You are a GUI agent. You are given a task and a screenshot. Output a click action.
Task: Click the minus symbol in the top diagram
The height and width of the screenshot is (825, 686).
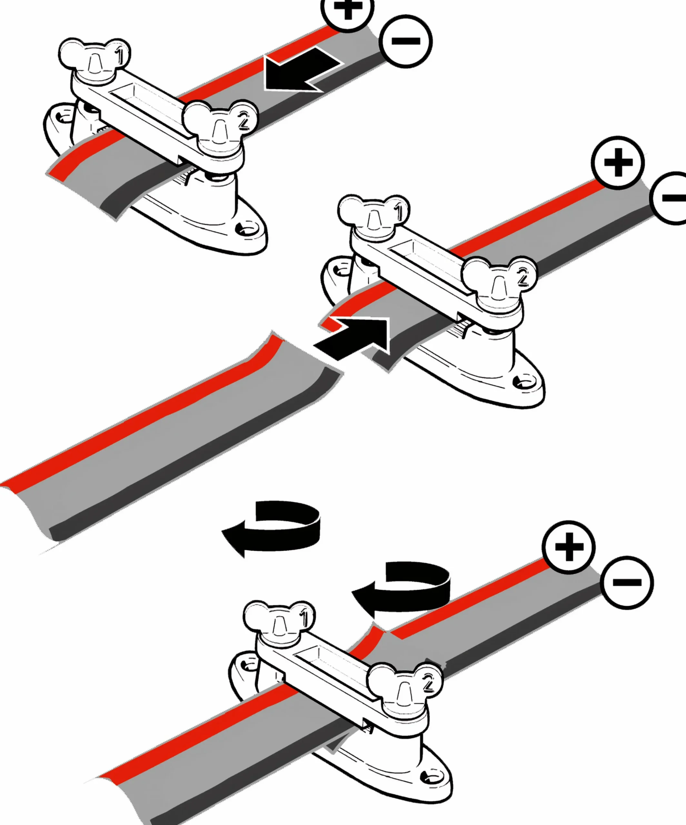click(406, 41)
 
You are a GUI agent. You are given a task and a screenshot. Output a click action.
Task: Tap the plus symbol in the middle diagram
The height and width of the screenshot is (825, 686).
click(618, 162)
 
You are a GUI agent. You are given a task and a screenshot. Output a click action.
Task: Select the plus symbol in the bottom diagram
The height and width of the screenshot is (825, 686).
click(569, 547)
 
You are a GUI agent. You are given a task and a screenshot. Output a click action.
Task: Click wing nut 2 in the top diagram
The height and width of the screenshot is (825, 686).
click(220, 126)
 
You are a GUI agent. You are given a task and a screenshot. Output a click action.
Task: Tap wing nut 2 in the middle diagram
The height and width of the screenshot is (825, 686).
click(499, 282)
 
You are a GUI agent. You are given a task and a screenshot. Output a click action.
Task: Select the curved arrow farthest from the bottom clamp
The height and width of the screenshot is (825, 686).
click(271, 529)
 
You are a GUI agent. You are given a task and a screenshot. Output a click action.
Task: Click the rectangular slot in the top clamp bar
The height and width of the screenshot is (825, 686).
click(151, 108)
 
